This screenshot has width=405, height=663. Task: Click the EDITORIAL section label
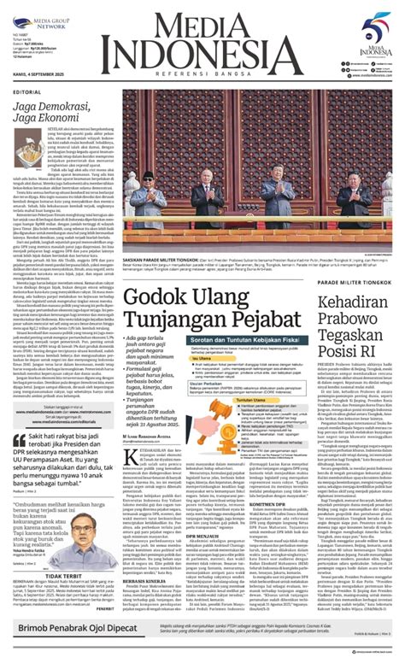[26, 92]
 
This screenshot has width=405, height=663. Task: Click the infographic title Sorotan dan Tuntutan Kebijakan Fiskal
[255, 363]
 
